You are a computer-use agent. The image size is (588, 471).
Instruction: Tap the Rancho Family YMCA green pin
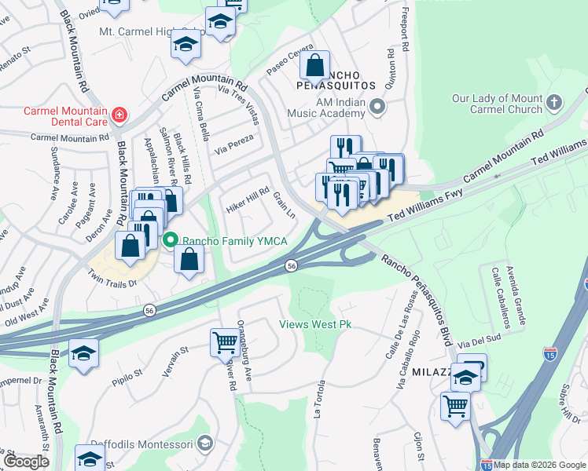point(169,240)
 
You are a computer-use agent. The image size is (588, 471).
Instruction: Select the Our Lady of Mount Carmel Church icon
point(554,102)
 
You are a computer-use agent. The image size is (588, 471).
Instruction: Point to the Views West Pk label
point(315,324)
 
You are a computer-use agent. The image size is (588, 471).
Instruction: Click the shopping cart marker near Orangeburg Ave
point(225,342)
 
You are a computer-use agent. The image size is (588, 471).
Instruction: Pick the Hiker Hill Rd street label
point(248,201)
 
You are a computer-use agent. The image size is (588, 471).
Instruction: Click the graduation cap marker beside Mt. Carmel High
point(186,46)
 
